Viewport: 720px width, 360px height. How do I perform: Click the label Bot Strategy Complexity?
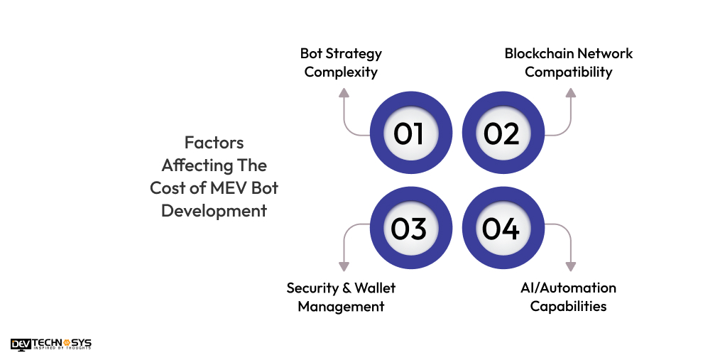(x=341, y=62)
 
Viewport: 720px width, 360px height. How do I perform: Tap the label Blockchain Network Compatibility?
(x=568, y=62)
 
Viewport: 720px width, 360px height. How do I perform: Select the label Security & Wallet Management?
(x=341, y=297)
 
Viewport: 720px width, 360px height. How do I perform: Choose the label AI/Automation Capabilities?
(x=568, y=297)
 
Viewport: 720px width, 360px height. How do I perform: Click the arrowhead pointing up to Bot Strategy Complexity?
(x=344, y=92)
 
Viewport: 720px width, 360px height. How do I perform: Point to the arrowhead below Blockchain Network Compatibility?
(x=569, y=92)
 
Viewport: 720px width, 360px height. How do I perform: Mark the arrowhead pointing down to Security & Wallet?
(x=344, y=267)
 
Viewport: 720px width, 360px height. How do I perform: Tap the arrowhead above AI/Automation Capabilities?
(x=569, y=267)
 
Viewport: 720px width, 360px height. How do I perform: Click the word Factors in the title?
(x=214, y=142)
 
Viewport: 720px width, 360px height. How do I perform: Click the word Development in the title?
(x=214, y=211)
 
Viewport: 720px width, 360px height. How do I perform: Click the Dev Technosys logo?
(x=51, y=344)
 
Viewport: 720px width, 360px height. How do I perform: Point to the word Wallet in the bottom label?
(x=373, y=288)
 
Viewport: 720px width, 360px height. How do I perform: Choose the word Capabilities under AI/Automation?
(x=568, y=306)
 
